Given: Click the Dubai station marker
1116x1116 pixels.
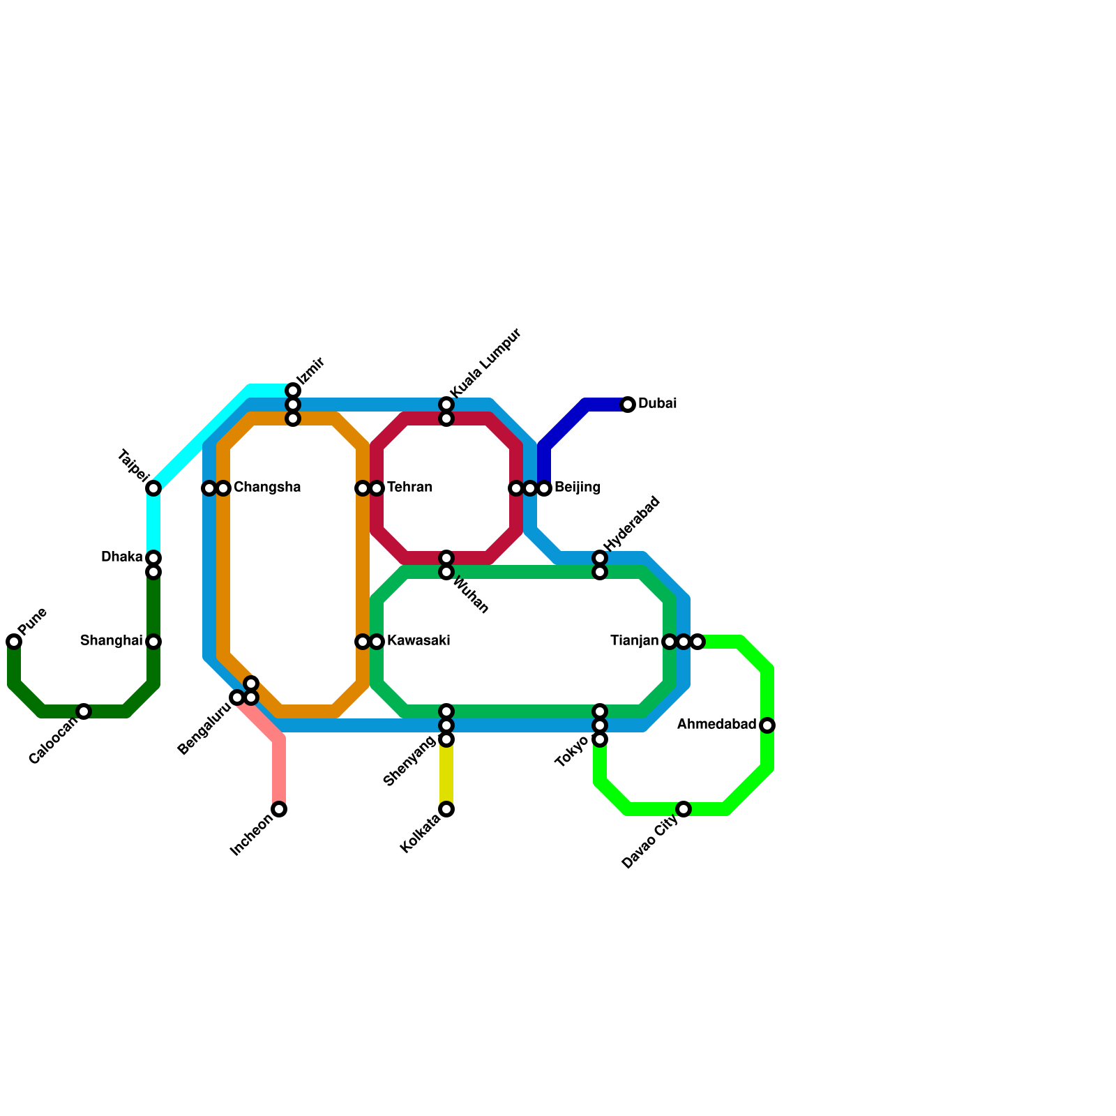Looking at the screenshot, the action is pos(628,405).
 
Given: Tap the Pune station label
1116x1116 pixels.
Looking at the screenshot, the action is pos(33,621).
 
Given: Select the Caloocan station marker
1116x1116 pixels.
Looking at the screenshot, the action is pos(84,711).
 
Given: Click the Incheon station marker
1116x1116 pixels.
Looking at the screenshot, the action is pos(279,809).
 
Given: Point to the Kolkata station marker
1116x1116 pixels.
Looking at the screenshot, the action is pos(446,809).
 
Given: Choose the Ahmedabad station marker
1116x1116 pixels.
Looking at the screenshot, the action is pos(767,725).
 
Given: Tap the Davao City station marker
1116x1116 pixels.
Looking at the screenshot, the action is pos(684,809).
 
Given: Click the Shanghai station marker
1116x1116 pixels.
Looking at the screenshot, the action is pos(153,642).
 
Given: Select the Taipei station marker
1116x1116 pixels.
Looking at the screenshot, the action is pos(153,488).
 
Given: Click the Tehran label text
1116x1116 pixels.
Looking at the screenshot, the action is pos(409,488).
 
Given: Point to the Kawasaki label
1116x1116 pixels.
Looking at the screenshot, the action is pos(418,641).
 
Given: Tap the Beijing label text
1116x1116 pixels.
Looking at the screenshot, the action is pos(577,488).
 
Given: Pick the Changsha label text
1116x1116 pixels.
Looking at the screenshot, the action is pos(266,488).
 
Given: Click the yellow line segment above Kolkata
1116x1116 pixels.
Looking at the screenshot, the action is pos(446,774).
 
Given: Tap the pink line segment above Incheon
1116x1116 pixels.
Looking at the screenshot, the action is pos(279,774).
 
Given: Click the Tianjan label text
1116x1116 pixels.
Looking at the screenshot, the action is pos(634,641).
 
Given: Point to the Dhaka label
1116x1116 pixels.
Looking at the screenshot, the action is pos(122,557).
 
